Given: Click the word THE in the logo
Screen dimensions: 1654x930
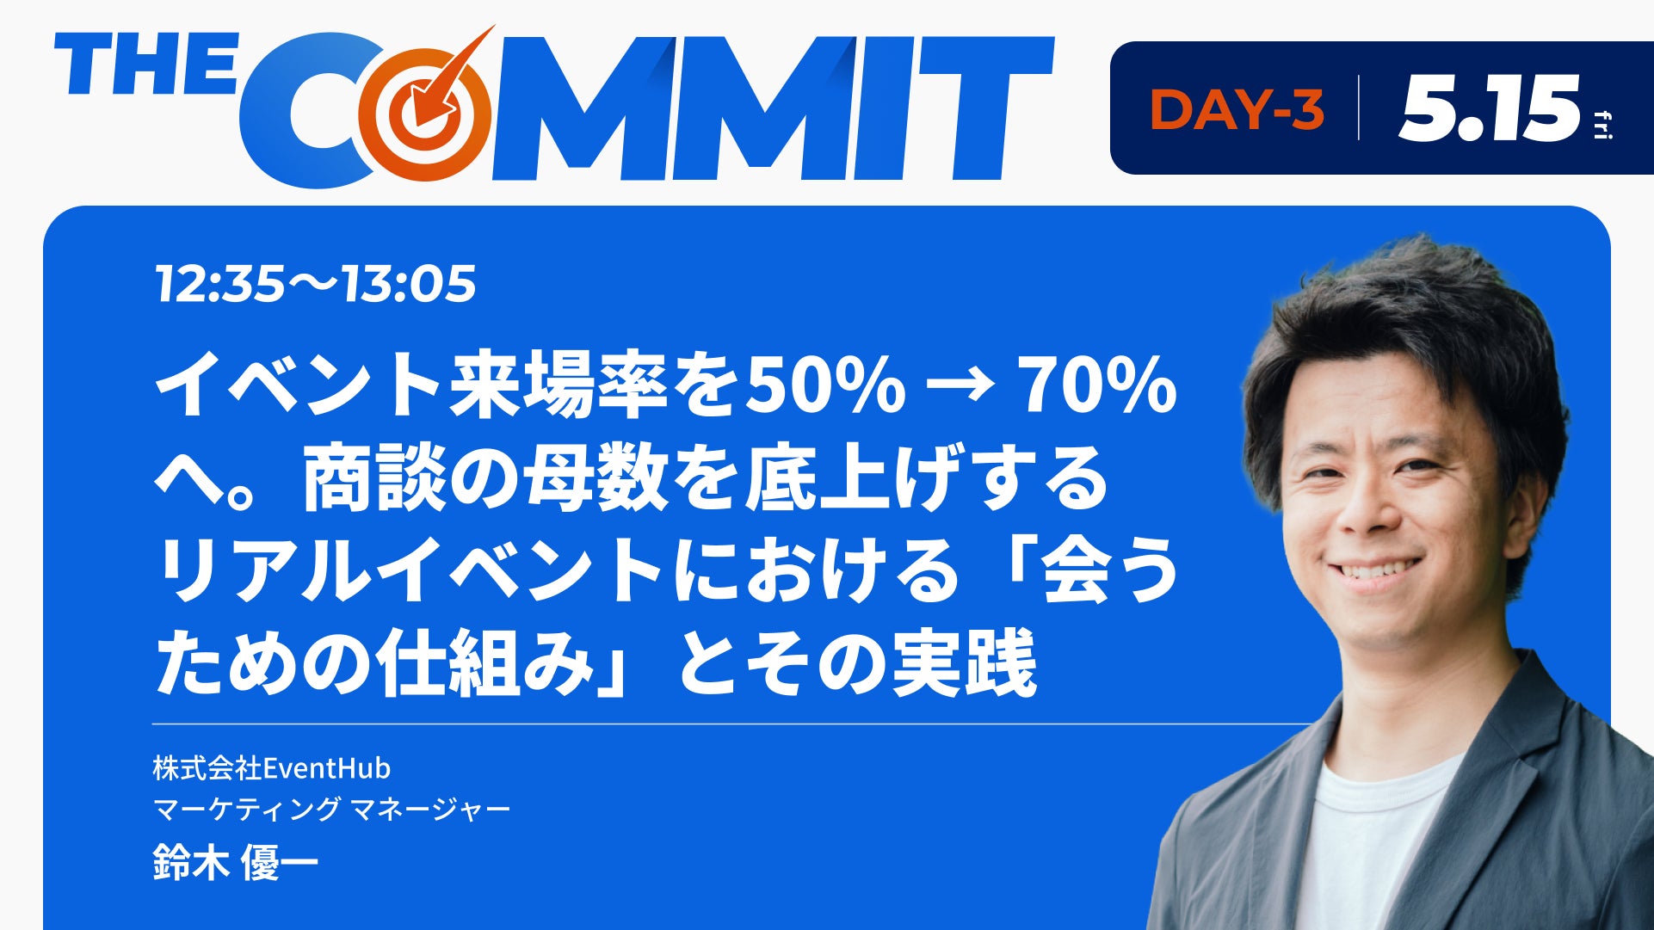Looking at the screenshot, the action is point(145,65).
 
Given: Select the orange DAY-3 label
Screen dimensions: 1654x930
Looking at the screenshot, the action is point(1236,110).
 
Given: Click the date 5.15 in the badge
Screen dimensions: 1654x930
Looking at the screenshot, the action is point(1489,108).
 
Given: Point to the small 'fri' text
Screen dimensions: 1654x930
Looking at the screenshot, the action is point(1603,124).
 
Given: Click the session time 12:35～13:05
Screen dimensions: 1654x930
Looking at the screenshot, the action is point(315,284).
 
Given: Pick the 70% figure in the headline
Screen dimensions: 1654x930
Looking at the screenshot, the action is point(1096,385).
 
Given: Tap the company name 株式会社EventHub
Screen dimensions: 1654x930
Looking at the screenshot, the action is point(272,767).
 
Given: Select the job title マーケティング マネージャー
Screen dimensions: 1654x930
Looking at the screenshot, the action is point(331,809).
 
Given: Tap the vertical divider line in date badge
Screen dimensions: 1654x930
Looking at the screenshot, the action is point(1360,108).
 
